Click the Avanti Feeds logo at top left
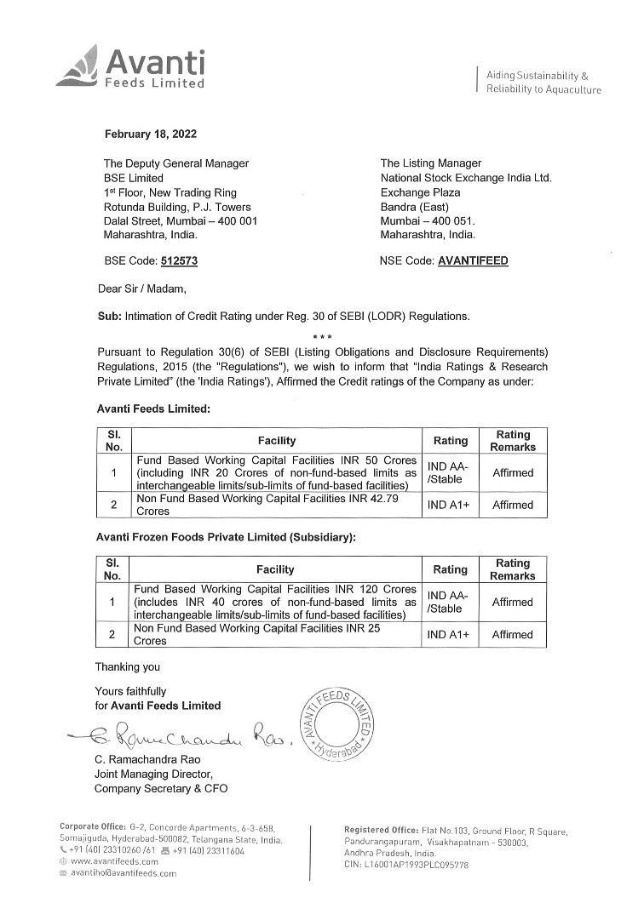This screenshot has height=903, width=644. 132,69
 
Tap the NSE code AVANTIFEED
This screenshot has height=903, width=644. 472,261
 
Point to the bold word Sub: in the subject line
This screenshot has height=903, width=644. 111,316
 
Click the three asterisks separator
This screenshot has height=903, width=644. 321,339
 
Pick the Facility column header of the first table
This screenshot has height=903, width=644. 277,440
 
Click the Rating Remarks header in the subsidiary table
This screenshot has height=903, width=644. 513,569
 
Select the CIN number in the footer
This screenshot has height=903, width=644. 408,863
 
